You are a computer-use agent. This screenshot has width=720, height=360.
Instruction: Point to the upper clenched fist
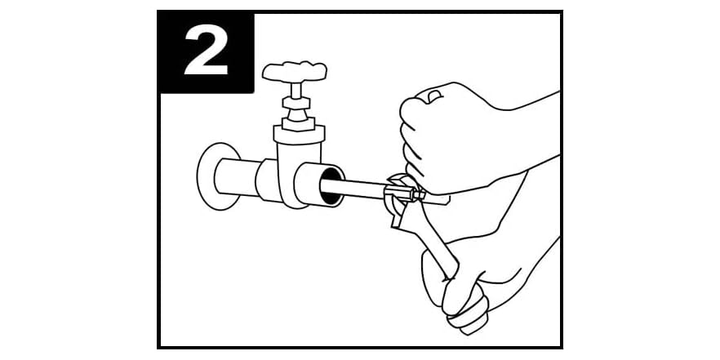pos(441,131)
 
